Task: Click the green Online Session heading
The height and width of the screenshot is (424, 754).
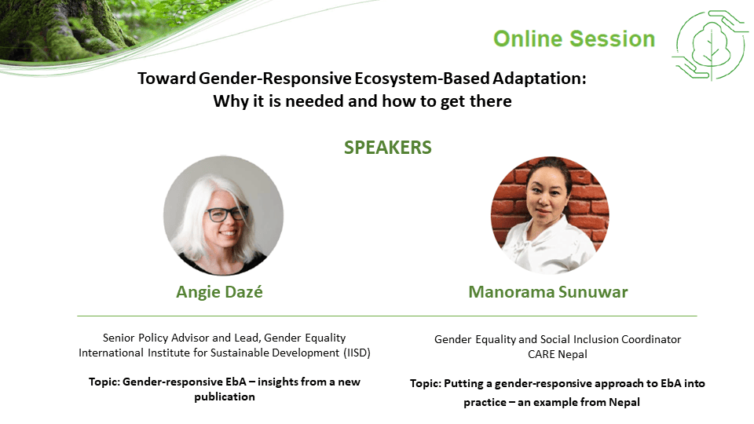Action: point(574,39)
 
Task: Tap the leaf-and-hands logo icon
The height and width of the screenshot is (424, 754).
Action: point(710,46)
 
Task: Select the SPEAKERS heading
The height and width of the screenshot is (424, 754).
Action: point(387,148)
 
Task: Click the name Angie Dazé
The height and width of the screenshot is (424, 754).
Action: point(219,292)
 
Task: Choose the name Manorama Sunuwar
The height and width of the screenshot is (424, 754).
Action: point(548,292)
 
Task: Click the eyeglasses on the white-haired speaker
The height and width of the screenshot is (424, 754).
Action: point(227,214)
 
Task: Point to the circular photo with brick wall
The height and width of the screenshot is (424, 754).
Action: point(550,215)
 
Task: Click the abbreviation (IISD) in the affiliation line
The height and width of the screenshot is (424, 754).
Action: point(357,353)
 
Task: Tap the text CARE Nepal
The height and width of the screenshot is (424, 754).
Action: point(558,354)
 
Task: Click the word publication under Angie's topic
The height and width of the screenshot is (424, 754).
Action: point(225,397)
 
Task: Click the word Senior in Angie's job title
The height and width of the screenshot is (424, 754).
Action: point(119,338)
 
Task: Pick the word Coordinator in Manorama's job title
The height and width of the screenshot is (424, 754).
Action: point(651,339)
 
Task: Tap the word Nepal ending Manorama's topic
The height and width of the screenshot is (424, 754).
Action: point(624,402)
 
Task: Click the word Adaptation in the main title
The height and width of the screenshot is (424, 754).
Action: point(539,79)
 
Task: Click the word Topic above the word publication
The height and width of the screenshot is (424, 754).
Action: point(104,382)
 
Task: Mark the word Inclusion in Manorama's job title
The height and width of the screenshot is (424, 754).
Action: point(595,339)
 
